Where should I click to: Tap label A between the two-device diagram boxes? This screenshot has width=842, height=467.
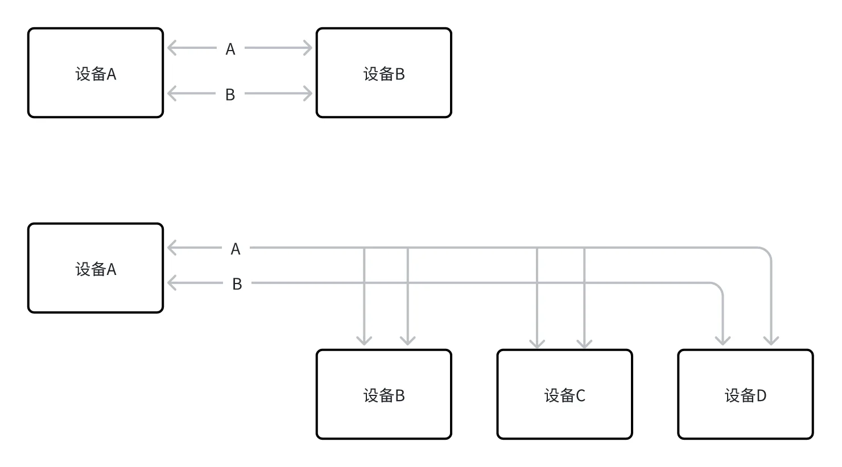point(230,49)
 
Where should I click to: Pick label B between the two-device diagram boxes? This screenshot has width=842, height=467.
point(230,95)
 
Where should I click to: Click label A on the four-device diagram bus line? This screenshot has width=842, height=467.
point(236,249)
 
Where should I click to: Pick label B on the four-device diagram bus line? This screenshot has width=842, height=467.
point(237,284)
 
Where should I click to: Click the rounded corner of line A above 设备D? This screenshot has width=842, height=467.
point(767,252)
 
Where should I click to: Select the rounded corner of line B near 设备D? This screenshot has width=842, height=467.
point(719,287)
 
